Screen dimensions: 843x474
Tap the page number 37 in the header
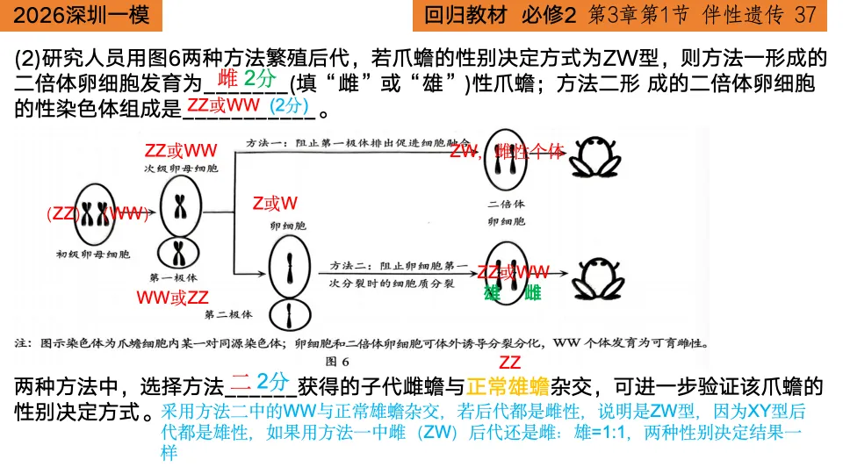pos(805,14)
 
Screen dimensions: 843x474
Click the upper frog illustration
pos(594,158)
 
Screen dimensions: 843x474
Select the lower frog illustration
pos(595,277)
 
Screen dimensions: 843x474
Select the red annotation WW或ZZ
pos(173,297)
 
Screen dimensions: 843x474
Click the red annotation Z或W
pos(275,204)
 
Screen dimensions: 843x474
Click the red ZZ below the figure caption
pos(509,363)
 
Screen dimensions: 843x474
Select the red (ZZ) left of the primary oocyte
pos(63,213)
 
